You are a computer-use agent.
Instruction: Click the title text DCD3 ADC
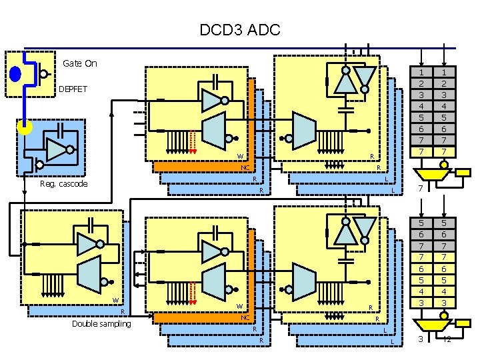pos(240,30)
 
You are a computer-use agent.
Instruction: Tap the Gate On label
pos(79,63)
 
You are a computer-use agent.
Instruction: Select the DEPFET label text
pos(73,89)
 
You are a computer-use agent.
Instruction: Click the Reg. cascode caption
pos(63,184)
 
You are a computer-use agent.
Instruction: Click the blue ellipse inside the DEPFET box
pos(16,73)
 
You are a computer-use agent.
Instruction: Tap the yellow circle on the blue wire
pos(25,127)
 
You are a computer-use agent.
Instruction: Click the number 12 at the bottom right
pos(446,339)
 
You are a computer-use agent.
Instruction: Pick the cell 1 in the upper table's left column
pos(421,72)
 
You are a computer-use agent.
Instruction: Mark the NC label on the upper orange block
pos(245,167)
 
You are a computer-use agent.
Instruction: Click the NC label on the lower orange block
pos(245,317)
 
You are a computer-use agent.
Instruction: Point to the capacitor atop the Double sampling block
pos(87,225)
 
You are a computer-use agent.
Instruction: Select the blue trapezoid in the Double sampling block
pos(89,273)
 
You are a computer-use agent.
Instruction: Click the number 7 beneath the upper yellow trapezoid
pos(420,189)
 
